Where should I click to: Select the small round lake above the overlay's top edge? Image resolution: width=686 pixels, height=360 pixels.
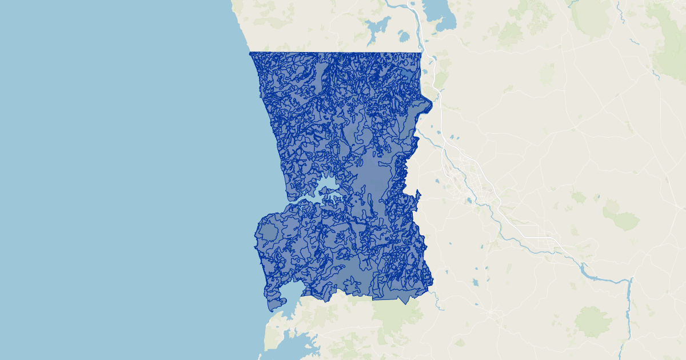(x=404, y=37)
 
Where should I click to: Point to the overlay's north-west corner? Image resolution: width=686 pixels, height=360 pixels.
(x=250, y=53)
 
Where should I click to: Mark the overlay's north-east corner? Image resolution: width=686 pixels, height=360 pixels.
(x=421, y=53)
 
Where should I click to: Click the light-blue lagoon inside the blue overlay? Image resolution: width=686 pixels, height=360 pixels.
(x=326, y=186)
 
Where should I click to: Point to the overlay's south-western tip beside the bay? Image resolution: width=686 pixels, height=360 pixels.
(x=269, y=310)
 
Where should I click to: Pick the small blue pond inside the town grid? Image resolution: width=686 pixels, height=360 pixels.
(x=469, y=201)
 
